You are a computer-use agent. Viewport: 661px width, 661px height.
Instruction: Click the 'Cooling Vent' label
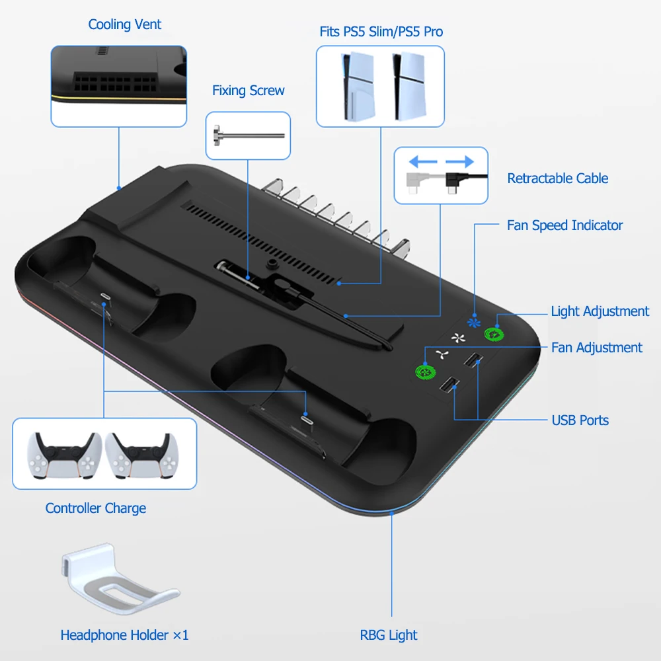[125, 25]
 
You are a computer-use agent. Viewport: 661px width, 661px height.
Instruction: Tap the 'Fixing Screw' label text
[249, 91]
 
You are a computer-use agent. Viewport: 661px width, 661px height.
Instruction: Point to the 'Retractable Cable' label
[557, 178]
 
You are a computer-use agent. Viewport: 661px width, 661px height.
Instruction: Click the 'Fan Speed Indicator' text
[564, 225]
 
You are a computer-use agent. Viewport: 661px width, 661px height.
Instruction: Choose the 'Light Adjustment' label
[600, 311]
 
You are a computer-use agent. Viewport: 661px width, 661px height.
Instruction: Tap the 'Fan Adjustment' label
[596, 348]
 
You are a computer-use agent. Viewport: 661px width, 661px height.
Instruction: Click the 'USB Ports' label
[580, 420]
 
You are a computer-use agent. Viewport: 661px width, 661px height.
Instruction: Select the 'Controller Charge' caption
[96, 508]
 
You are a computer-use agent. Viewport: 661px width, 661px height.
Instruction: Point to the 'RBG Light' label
[389, 635]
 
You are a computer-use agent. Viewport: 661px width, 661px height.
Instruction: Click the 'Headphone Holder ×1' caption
[124, 635]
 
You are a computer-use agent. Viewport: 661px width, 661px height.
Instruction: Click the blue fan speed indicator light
[471, 323]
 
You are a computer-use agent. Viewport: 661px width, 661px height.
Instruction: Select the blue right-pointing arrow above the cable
[459, 162]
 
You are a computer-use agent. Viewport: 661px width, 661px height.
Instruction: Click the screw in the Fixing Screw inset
[247, 136]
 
